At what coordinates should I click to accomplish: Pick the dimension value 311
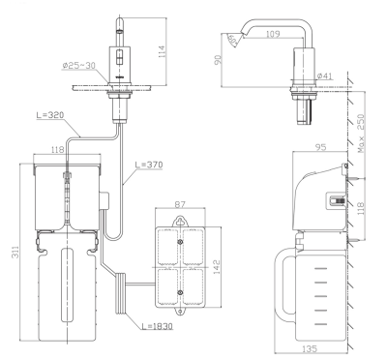10,253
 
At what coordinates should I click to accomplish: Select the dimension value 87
181,204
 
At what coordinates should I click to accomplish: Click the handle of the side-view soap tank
284,285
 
